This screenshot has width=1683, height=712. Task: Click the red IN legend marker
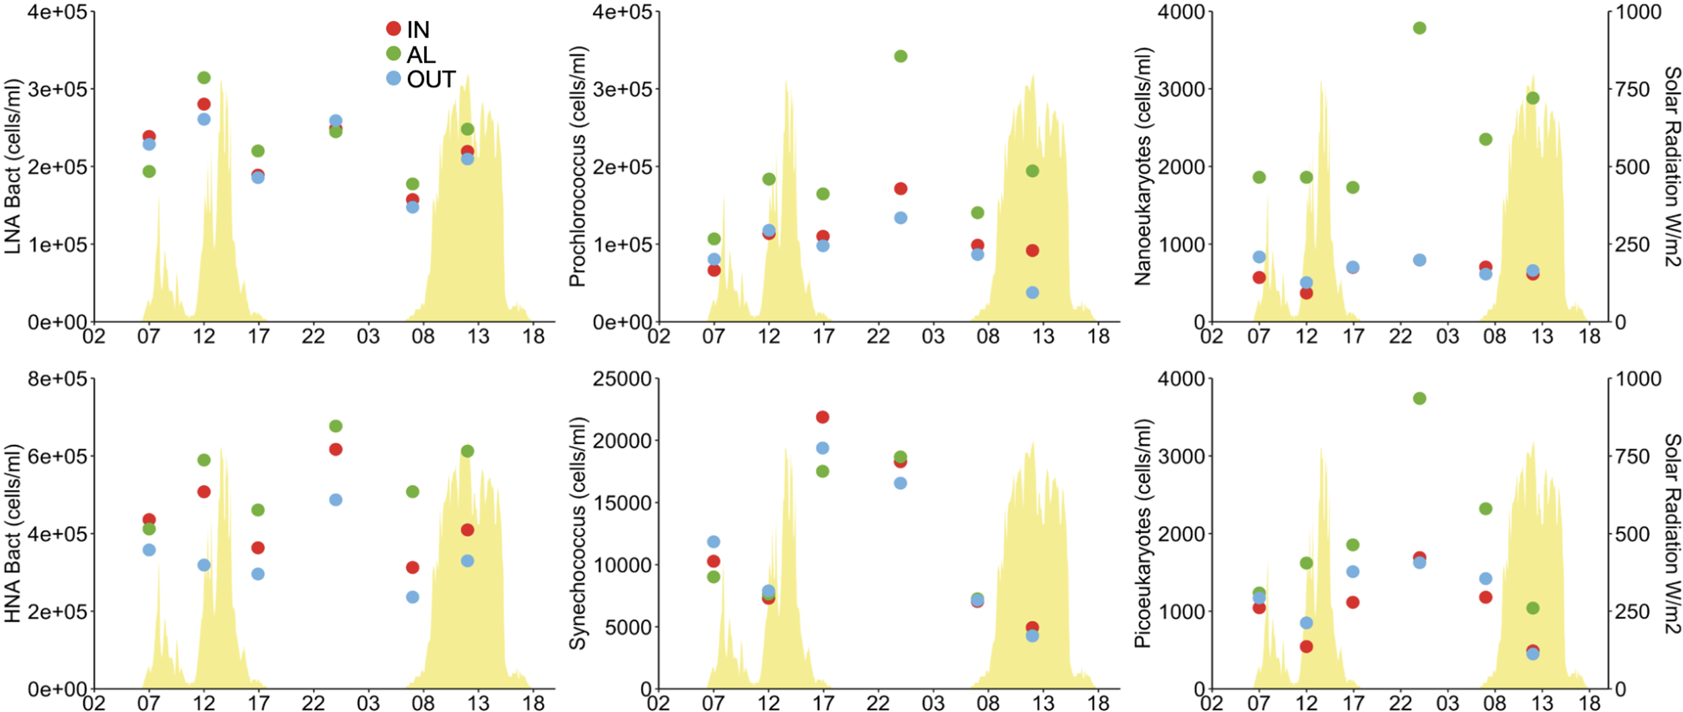pos(393,28)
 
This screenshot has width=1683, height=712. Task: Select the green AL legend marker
pos(393,53)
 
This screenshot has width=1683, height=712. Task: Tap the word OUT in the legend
pos(431,79)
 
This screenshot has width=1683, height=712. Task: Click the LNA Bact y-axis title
pos(12,166)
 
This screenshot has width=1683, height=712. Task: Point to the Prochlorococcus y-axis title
pos(578,166)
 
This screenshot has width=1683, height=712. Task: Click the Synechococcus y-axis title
pos(578,533)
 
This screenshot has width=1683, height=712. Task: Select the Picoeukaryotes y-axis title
pos(1142,533)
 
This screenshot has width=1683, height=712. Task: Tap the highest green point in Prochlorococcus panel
pos(901,56)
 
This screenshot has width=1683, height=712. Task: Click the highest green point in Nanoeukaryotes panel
pos(1420,28)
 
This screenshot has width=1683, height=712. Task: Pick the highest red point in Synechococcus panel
pos(823,417)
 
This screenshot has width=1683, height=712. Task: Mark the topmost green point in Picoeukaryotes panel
pos(1420,398)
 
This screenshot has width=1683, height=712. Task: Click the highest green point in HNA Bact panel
pos(336,426)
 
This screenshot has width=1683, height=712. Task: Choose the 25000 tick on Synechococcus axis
pos(621,379)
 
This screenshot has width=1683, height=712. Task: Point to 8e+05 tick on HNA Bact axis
pos(57,379)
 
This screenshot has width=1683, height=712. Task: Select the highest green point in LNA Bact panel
pos(204,77)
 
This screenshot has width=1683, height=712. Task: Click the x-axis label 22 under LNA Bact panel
pos(313,335)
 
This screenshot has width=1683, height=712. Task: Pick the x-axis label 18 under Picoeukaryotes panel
pos(1590,703)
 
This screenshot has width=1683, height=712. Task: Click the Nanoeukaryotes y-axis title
pos(1142,166)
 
